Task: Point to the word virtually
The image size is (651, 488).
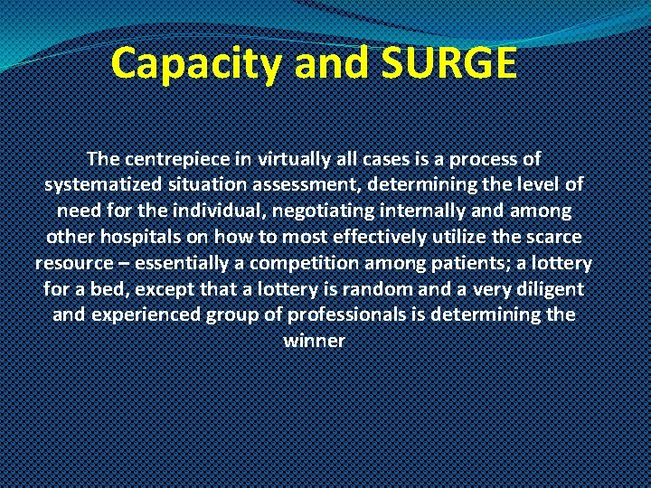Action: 287,159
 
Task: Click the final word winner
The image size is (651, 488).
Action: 314,342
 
